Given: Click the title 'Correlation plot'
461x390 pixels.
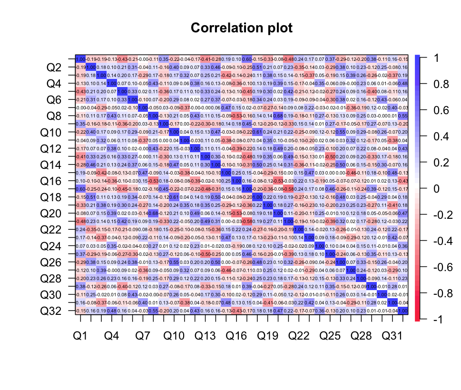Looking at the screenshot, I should pos(242,28).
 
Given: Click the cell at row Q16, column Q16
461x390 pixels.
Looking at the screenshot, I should pos(236,181).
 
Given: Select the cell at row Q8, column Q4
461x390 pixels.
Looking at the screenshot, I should pos(112,116).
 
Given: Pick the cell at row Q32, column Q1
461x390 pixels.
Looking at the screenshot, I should pos(80,311).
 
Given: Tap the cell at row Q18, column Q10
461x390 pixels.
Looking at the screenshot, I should pos(174,197).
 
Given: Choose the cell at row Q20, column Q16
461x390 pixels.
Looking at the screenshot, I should pos(236,213).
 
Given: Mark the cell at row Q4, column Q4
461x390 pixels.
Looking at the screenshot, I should pos(112,83).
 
